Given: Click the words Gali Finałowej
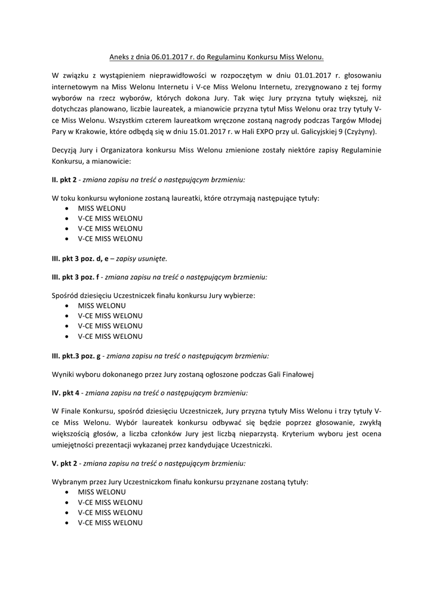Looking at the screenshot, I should coord(288,375).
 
